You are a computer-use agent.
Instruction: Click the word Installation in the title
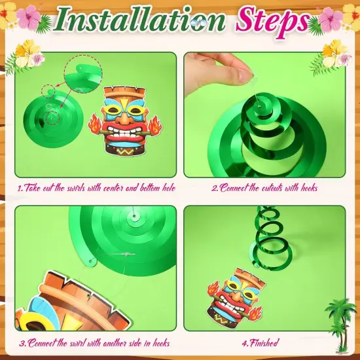[x=139, y=19]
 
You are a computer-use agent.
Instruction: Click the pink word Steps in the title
[x=272, y=21]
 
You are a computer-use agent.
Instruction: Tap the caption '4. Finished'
[x=261, y=343]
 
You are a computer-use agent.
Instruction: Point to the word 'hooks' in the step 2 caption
[x=309, y=188]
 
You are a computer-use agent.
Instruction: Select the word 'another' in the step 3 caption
[x=115, y=343]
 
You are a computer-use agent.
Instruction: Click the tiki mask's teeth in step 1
[x=124, y=132]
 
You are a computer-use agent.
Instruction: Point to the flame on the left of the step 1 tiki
[x=95, y=124]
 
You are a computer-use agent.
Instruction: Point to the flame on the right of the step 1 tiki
[x=155, y=126]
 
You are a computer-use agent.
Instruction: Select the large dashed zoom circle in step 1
[x=83, y=74]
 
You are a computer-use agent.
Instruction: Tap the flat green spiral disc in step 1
[x=53, y=119]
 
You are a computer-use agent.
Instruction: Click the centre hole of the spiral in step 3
[x=134, y=216]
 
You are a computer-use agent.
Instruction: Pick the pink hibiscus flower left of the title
[x=28, y=18]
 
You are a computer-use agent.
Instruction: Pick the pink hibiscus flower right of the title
[x=330, y=19]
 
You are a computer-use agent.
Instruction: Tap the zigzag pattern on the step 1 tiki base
[x=124, y=151]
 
